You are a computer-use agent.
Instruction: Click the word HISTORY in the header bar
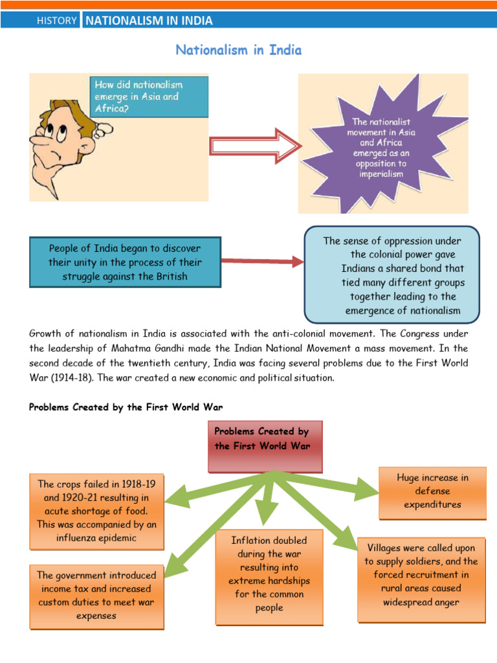(x=57, y=20)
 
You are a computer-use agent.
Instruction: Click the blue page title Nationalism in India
(x=239, y=50)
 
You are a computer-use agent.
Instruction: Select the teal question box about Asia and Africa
(x=149, y=97)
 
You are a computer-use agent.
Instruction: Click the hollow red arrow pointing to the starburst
(x=256, y=146)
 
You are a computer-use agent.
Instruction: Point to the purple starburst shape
(x=382, y=146)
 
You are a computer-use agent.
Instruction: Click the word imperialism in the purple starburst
(x=381, y=174)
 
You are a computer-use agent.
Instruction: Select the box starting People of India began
(x=125, y=262)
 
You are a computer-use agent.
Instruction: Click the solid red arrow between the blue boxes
(x=263, y=262)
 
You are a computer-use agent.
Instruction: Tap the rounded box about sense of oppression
(x=392, y=275)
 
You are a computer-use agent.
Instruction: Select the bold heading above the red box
(x=126, y=407)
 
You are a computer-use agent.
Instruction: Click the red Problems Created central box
(x=265, y=447)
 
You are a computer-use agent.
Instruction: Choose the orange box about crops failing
(x=97, y=511)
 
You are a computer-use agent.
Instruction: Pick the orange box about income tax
(x=97, y=596)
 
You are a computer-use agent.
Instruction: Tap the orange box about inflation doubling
(x=269, y=577)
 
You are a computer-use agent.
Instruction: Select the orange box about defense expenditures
(x=432, y=493)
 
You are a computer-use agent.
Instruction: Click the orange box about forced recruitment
(x=421, y=579)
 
